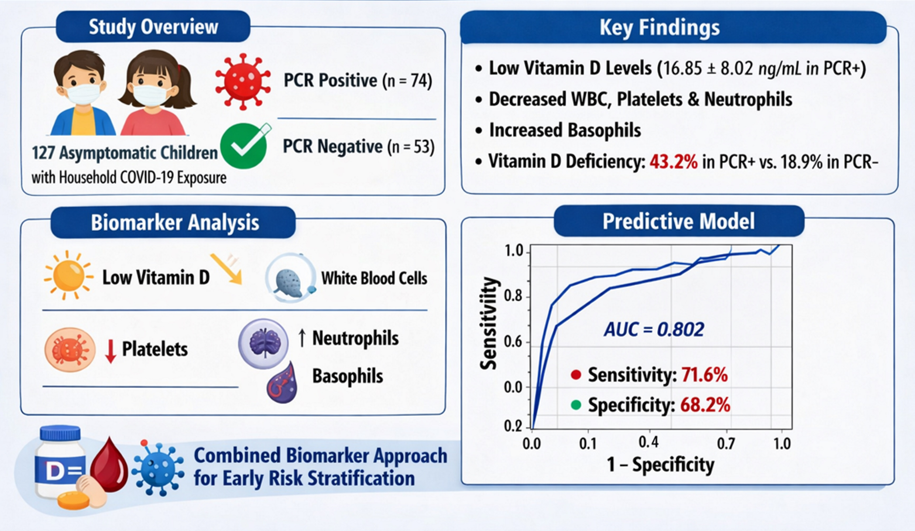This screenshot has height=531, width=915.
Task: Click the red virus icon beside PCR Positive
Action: click(x=243, y=81)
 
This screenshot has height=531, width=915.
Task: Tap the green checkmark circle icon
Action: click(x=244, y=146)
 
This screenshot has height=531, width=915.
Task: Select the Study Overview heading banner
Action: click(x=153, y=26)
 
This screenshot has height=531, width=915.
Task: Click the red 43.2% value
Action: click(x=673, y=162)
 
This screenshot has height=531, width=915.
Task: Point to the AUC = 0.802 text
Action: click(x=654, y=330)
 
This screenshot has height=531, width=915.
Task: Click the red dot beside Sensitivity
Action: click(x=576, y=374)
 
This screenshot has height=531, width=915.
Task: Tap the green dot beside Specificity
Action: click(x=576, y=405)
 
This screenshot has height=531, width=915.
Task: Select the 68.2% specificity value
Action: click(x=705, y=405)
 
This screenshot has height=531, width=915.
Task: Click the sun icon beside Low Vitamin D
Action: click(x=68, y=275)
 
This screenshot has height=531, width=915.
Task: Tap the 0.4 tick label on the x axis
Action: click(x=648, y=442)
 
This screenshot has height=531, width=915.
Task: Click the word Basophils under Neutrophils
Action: click(x=347, y=376)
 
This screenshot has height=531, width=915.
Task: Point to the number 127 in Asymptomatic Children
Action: click(x=43, y=153)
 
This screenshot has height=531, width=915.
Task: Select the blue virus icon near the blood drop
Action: click(x=158, y=468)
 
